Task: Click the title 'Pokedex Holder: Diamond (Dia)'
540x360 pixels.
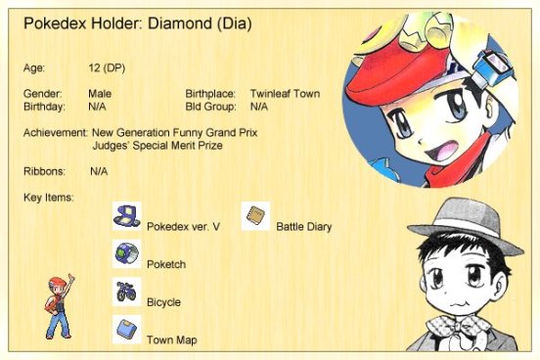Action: pos(138,22)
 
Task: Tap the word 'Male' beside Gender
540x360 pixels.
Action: pos(100,93)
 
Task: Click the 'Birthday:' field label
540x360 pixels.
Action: pos(44,106)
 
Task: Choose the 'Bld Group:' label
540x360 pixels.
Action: pos(211,106)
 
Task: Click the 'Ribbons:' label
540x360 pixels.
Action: pos(44,171)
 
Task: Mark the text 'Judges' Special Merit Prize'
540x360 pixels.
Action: pos(157,145)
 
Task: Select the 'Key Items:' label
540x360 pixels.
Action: pos(49,199)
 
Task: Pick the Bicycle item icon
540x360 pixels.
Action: pos(125,292)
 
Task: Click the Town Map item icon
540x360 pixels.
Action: pos(125,329)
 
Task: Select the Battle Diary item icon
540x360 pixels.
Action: pos(255,215)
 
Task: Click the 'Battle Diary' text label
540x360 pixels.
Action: pos(303,227)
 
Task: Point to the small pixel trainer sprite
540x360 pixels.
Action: pos(60,306)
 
